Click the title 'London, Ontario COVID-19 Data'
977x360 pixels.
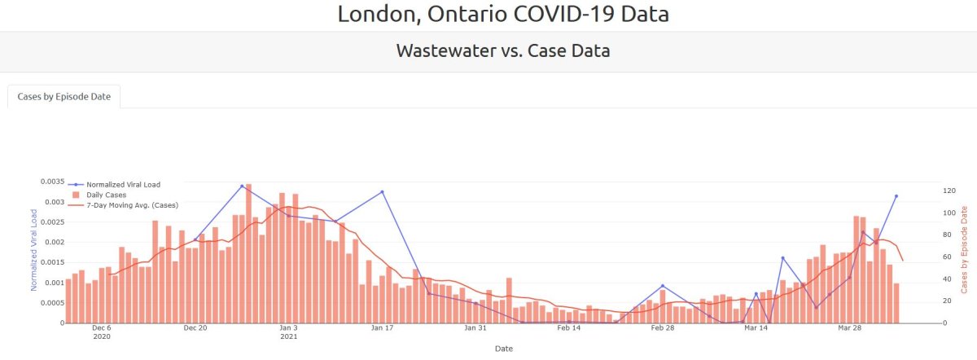pyautogui.click(x=502, y=14)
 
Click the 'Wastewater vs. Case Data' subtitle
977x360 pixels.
pyautogui.click(x=502, y=50)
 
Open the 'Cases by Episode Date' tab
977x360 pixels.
pyautogui.click(x=64, y=96)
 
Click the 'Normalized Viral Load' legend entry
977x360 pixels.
pyautogui.click(x=123, y=185)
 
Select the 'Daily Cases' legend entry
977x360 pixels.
pyautogui.click(x=106, y=195)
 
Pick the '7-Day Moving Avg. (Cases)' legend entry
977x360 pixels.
pyautogui.click(x=132, y=204)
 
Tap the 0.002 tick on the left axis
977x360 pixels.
pyautogui.click(x=52, y=242)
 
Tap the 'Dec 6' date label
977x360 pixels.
pyautogui.click(x=102, y=328)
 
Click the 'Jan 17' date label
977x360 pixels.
pyautogui.click(x=383, y=328)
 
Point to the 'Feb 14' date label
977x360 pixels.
pyautogui.click(x=569, y=328)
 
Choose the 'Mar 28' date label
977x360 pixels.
pyautogui.click(x=849, y=328)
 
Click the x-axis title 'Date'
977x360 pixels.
pyautogui.click(x=502, y=349)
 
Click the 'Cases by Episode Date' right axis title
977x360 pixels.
pyautogui.click(x=965, y=249)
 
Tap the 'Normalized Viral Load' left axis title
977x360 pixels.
pyautogui.click(x=34, y=249)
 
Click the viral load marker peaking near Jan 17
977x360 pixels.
pyautogui.click(x=382, y=192)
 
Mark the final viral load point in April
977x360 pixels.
pyautogui.click(x=896, y=196)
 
